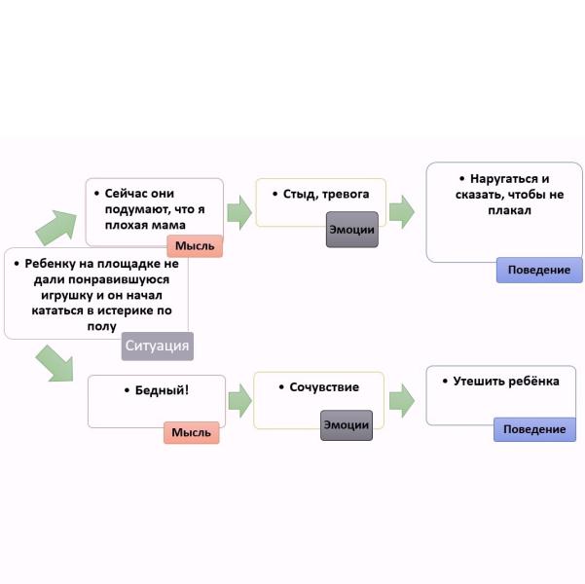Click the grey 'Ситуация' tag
[x=158, y=346]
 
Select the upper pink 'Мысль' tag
[x=196, y=245]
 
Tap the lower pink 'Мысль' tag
[x=192, y=432]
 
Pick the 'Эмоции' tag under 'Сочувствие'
[x=347, y=424]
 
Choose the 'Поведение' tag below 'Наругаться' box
[x=539, y=270]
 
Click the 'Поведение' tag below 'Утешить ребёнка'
[x=534, y=429]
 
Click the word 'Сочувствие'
[x=324, y=387]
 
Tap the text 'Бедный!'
[x=157, y=390]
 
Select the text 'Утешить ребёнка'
[x=506, y=382]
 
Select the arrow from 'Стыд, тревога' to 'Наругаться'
[x=401, y=211]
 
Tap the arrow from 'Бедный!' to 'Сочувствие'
[x=238, y=400]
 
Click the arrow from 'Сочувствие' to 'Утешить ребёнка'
[x=401, y=400]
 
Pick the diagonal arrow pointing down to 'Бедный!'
[x=55, y=362]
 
